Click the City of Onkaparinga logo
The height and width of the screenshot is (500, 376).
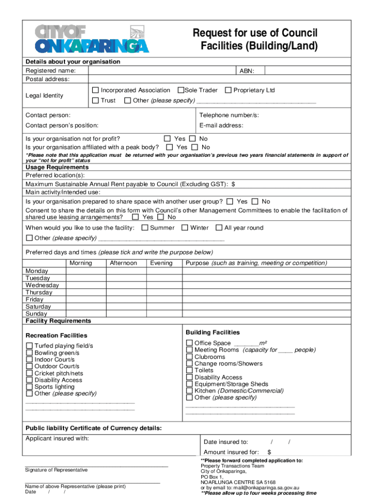click(x=92, y=38)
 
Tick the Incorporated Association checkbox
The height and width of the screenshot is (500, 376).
click(x=96, y=90)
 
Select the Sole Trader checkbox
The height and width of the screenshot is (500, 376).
click(x=181, y=90)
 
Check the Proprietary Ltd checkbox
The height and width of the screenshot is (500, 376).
click(x=228, y=90)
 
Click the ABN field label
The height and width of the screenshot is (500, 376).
click(x=246, y=71)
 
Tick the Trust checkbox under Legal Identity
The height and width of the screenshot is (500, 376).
click(x=96, y=101)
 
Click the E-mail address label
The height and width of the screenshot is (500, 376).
click(x=221, y=125)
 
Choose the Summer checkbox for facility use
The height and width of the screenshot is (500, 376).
click(x=145, y=228)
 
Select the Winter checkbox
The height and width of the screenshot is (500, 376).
click(x=185, y=228)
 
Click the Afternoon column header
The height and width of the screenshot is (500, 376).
click(x=123, y=263)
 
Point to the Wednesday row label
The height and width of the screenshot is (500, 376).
click(x=42, y=285)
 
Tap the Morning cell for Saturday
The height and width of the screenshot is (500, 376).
click(x=86, y=307)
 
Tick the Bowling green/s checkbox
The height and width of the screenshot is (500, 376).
click(x=30, y=353)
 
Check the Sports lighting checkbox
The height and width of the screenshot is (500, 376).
click(x=30, y=387)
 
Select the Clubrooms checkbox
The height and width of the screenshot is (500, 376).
click(x=189, y=357)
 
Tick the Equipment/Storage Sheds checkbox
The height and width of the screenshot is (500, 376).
click(x=189, y=384)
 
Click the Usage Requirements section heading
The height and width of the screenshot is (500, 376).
click(x=57, y=167)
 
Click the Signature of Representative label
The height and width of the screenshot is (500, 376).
click(x=56, y=470)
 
